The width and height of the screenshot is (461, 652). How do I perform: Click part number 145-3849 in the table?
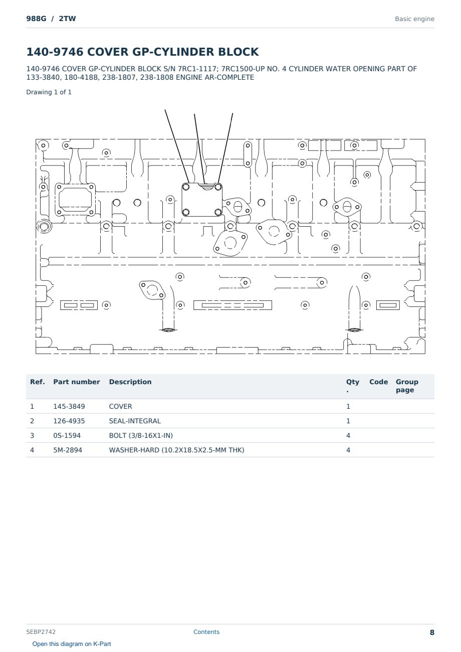[69, 406]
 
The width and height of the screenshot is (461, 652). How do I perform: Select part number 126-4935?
[69, 421]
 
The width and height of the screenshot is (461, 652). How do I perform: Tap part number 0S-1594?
[67, 435]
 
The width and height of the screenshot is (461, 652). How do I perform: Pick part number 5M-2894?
[68, 450]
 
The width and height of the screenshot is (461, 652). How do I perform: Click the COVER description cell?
[120, 406]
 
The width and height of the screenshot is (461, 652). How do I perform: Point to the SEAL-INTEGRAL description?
[135, 421]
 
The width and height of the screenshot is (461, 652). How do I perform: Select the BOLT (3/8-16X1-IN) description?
[141, 435]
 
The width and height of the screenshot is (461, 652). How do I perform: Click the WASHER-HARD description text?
[176, 450]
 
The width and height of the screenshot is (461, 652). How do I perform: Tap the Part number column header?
[77, 382]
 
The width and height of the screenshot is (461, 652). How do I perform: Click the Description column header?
[130, 382]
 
